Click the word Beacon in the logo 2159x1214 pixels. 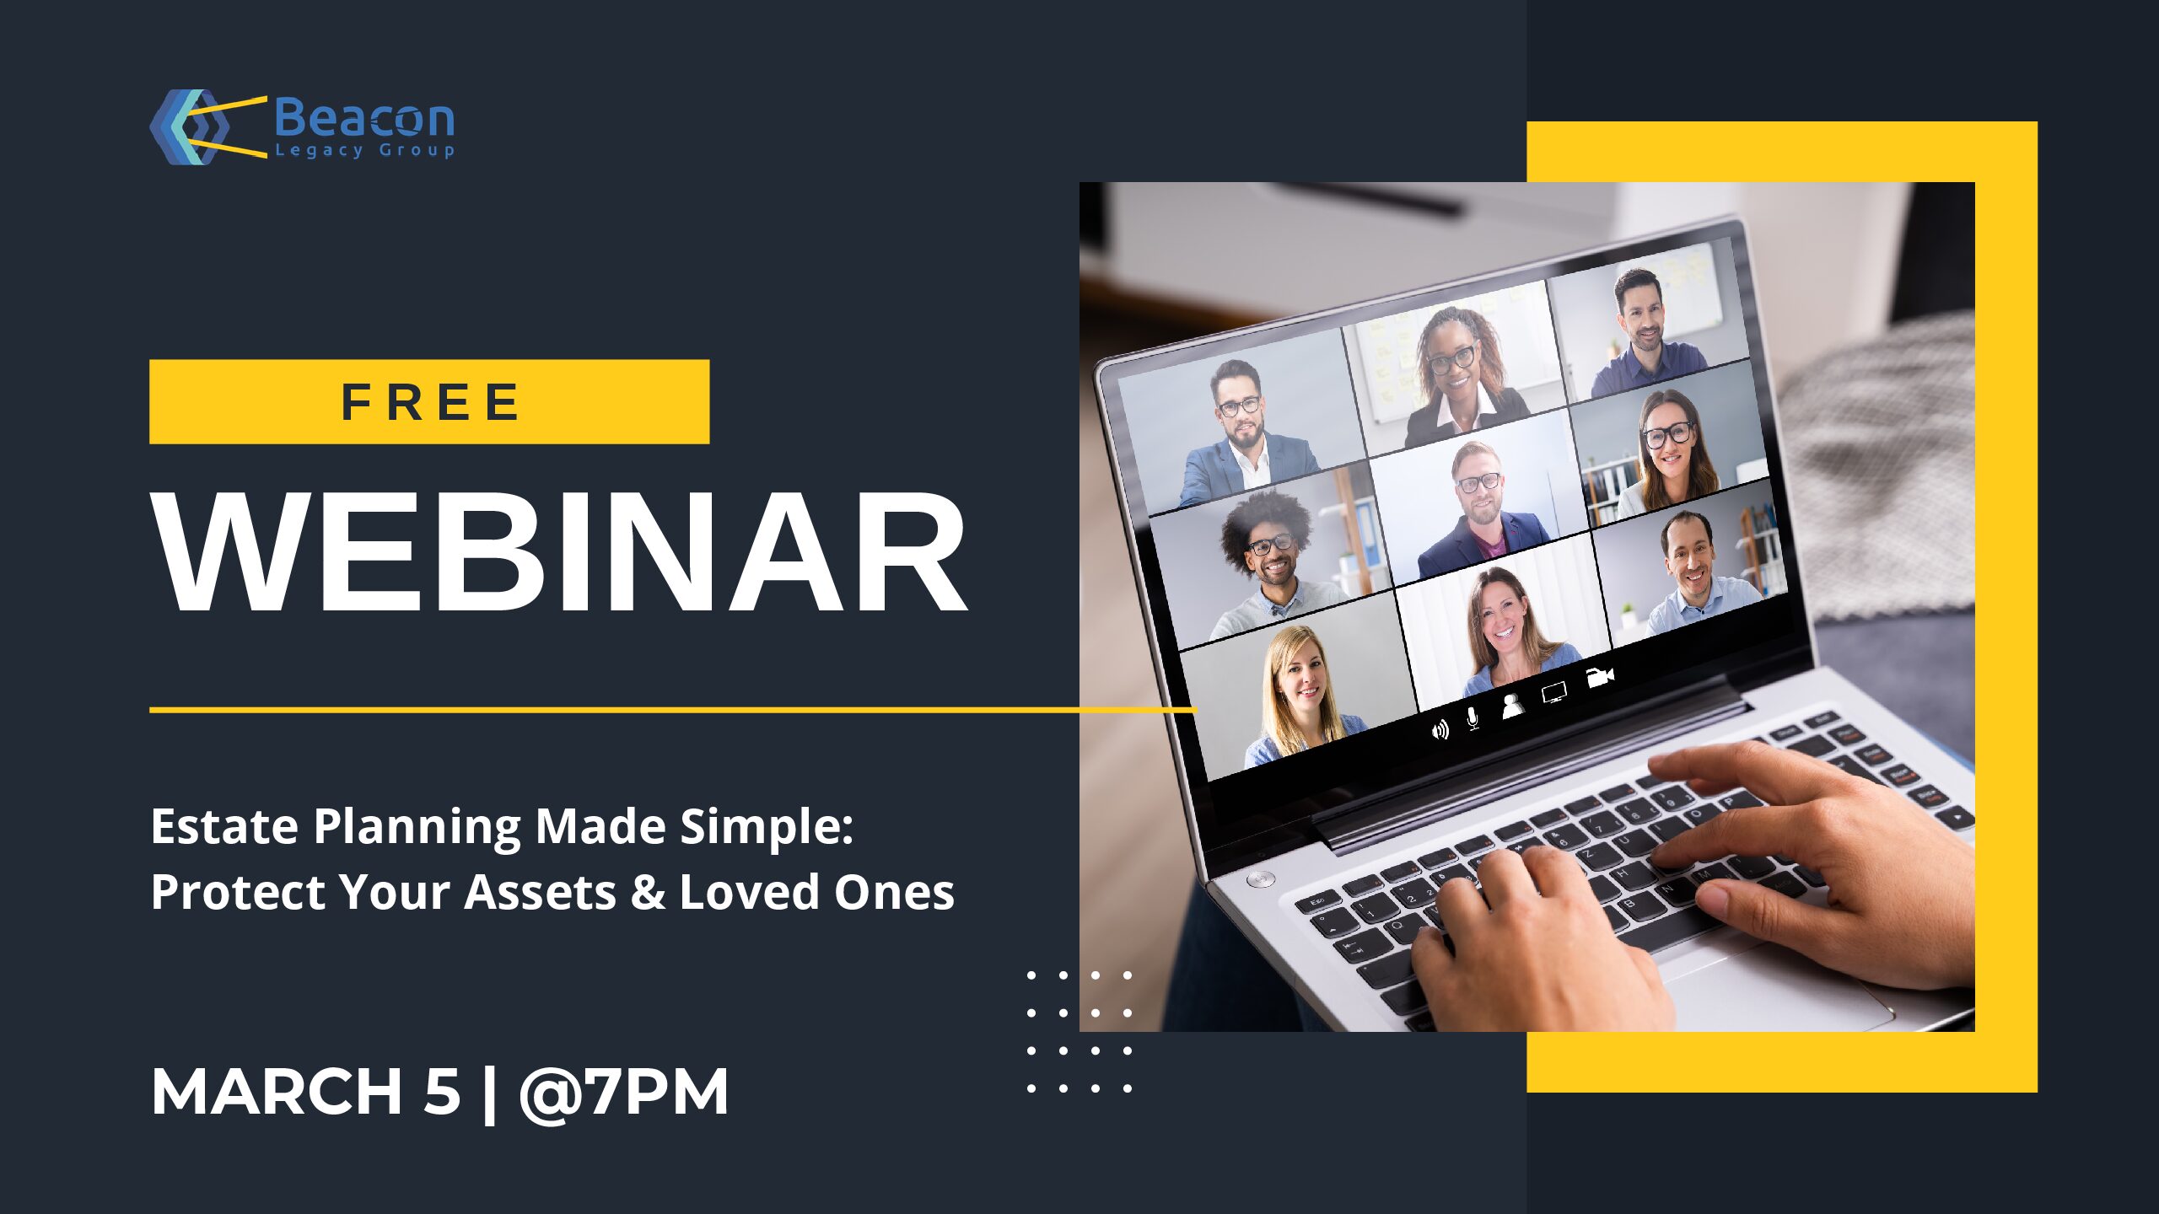coord(364,118)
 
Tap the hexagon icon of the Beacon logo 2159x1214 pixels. coord(190,126)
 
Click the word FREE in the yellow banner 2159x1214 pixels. coord(430,401)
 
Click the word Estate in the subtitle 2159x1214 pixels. coord(223,826)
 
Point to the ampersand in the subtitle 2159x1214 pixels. coord(648,892)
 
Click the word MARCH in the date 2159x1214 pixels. coord(277,1092)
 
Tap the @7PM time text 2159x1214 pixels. coord(623,1093)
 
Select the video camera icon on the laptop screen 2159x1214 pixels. coord(1600,677)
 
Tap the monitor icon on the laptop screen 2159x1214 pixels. coord(1554,693)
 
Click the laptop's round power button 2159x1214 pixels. coord(1260,879)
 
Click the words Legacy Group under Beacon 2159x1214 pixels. coord(365,151)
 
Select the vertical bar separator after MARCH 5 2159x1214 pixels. coord(489,1093)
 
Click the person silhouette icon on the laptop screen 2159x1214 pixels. coord(1512,706)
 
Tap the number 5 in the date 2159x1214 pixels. coord(441,1092)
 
